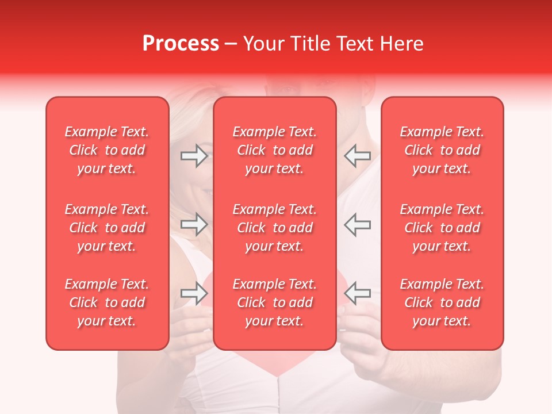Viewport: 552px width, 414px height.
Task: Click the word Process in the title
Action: click(181, 44)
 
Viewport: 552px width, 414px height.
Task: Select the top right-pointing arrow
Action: click(194, 156)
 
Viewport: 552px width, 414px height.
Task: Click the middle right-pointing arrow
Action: click(194, 224)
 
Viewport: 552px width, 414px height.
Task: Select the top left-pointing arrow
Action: click(358, 156)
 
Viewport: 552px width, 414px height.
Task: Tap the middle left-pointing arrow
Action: click(358, 224)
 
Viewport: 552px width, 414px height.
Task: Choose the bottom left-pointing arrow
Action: click(358, 293)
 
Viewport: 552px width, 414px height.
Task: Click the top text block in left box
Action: click(107, 150)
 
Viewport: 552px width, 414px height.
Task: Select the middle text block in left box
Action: click(107, 228)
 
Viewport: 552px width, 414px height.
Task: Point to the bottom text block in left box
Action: click(107, 302)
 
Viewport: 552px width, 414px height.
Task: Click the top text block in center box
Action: click(275, 150)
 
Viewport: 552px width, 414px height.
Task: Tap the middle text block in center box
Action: click(275, 228)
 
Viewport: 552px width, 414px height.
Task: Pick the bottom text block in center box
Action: click(275, 302)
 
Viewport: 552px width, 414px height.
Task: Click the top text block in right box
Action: click(442, 150)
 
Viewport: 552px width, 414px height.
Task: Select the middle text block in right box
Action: click(442, 228)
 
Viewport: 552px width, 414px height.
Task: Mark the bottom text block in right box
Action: click(442, 302)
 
